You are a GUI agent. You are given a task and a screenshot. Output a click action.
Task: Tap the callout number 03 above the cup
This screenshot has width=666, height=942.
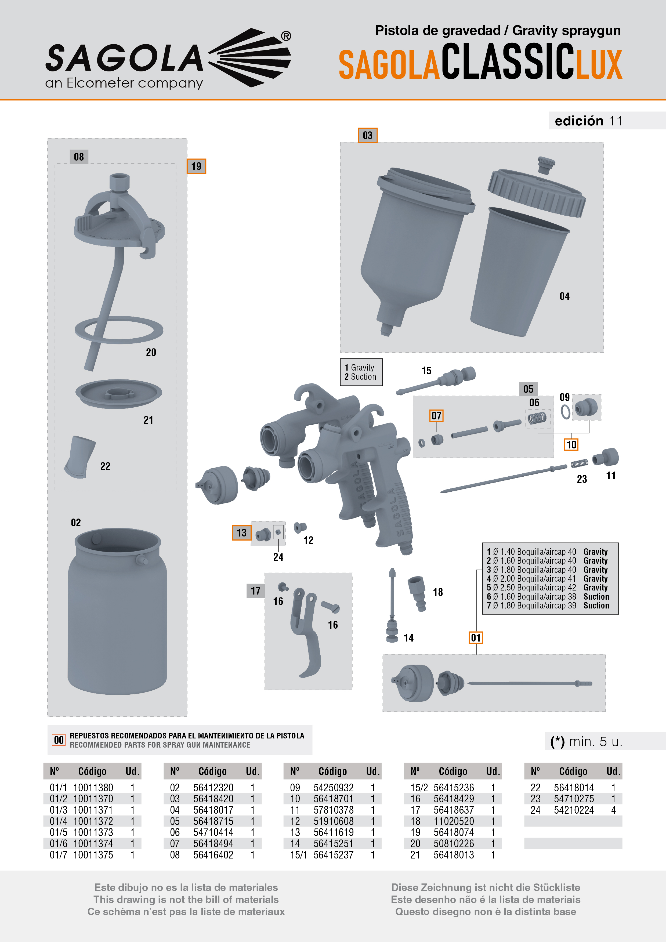pos(367,135)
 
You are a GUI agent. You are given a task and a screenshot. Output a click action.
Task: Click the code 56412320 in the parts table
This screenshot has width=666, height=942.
pos(213,788)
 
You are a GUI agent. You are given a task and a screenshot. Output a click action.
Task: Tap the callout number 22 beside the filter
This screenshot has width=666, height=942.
pos(105,466)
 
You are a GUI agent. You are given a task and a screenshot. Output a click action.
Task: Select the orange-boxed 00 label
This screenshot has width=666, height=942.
pos(59,740)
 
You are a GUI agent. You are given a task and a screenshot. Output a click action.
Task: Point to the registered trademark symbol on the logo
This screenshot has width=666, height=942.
pos(286,36)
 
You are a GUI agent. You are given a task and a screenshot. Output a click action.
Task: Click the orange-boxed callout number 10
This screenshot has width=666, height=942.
pos(571,445)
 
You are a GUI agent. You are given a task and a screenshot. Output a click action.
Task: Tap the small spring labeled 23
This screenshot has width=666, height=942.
pos(579,463)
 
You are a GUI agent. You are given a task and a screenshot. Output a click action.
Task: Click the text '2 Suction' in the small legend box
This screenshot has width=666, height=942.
pos(360,377)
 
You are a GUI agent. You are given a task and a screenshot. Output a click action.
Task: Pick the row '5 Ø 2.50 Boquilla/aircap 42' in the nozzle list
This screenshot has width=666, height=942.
pos(531,588)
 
